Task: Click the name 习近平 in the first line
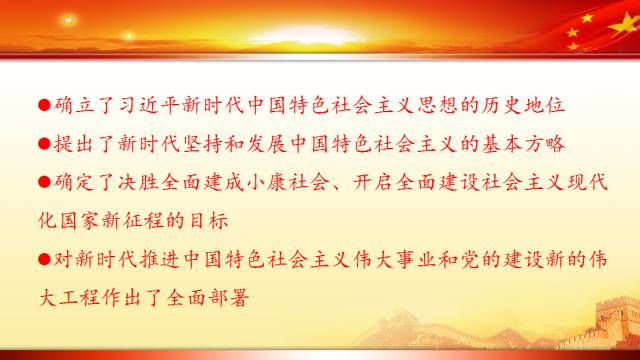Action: [167, 104]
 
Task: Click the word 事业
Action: [414, 258]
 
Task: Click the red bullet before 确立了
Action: [43, 104]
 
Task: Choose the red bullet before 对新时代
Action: [43, 258]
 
